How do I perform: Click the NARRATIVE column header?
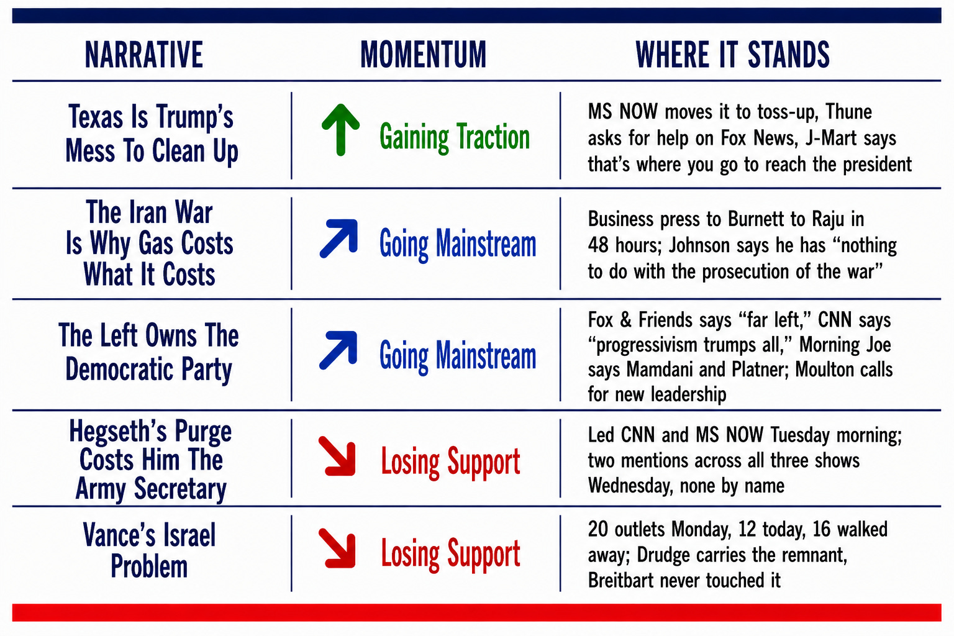click(x=144, y=55)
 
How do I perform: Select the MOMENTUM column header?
click(x=424, y=55)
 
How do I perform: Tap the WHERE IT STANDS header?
click(x=732, y=55)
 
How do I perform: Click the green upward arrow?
click(x=340, y=130)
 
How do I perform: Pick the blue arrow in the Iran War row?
click(x=338, y=238)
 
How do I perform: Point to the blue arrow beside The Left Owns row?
click(x=338, y=350)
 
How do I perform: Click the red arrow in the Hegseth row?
click(x=337, y=456)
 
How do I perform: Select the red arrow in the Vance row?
click(x=337, y=548)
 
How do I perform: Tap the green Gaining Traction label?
click(x=455, y=137)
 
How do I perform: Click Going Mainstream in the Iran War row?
click(x=458, y=244)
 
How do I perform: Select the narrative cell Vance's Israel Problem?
click(x=149, y=550)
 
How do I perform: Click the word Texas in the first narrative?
click(x=96, y=117)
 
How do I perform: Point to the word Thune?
click(x=849, y=112)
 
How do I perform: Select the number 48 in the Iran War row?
click(x=598, y=245)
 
